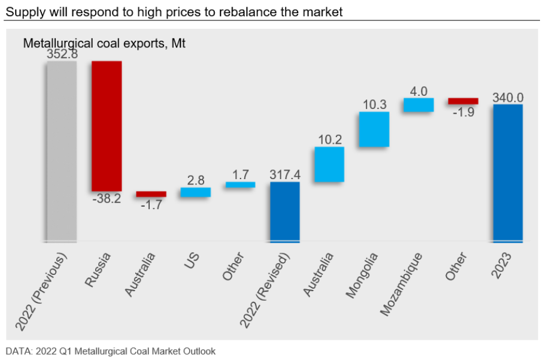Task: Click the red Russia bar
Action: pos(107,126)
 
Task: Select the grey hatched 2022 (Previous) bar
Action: pos(61,150)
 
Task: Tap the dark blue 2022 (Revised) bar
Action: pos(285,212)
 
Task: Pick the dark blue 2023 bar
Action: pos(508,173)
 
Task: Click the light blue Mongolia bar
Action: pos(374,129)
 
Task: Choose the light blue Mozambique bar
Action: pos(418,105)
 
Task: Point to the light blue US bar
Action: pos(196,192)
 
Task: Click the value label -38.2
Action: pos(107,199)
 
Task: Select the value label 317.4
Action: pos(285,174)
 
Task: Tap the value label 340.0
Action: pos(508,97)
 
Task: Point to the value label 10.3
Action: pos(374,104)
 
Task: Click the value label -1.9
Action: pos(463,112)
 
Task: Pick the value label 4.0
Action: pos(418,91)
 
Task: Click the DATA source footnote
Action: pos(111,351)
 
